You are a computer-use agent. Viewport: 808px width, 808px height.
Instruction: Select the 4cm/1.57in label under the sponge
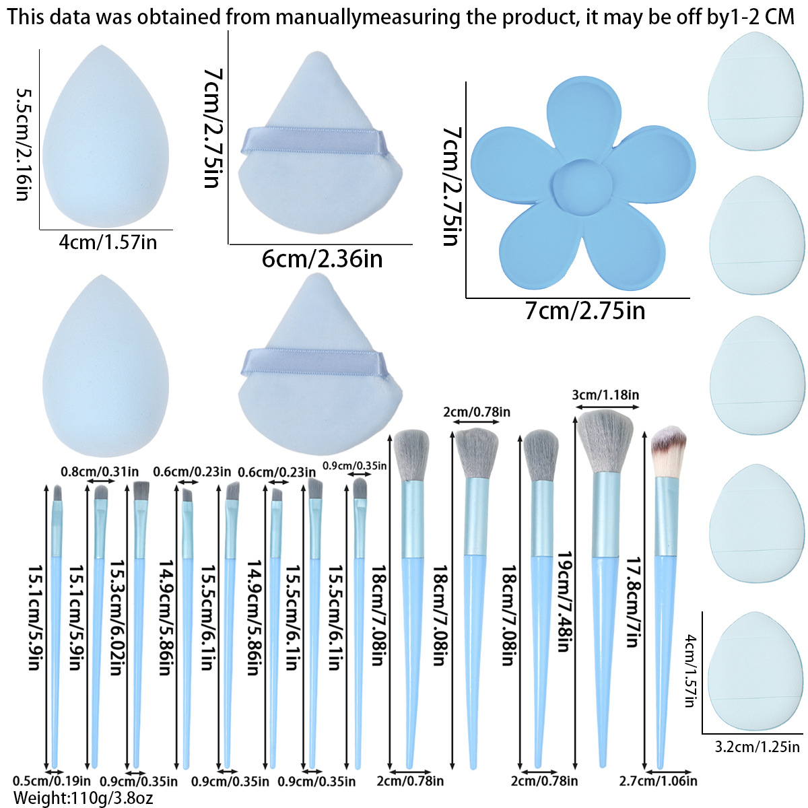click(108, 242)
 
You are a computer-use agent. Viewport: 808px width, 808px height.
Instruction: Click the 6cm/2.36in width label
click(322, 258)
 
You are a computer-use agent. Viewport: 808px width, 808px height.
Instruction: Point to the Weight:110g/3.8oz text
click(83, 799)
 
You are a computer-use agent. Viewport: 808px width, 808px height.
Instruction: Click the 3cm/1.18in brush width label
click(605, 395)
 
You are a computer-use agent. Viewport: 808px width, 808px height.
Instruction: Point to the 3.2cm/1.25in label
click(757, 747)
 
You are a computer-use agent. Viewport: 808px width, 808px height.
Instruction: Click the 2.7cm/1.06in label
click(658, 781)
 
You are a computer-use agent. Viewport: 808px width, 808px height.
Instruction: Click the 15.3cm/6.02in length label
click(119, 618)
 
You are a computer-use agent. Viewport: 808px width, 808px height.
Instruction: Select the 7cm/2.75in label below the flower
click(584, 311)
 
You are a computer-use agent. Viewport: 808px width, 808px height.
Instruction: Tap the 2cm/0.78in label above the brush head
click(477, 411)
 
